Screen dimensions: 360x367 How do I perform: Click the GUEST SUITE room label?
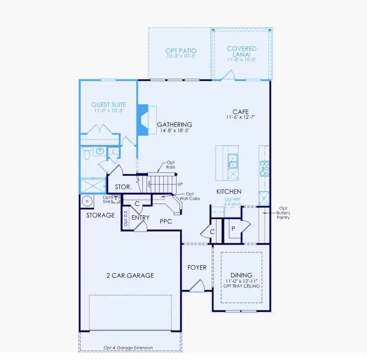point(109,104)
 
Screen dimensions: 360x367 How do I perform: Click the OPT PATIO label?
point(180,51)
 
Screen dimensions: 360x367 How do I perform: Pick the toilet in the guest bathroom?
point(87,153)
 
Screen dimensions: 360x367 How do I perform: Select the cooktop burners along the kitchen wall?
point(264,168)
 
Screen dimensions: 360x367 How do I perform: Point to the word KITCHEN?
point(229,192)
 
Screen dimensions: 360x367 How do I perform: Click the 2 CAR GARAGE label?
point(130,276)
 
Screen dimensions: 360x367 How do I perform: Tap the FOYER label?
point(197,267)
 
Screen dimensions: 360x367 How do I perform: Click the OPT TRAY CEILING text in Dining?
point(241,286)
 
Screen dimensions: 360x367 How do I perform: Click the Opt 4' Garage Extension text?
point(128,347)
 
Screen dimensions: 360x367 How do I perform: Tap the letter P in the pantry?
point(233,229)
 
